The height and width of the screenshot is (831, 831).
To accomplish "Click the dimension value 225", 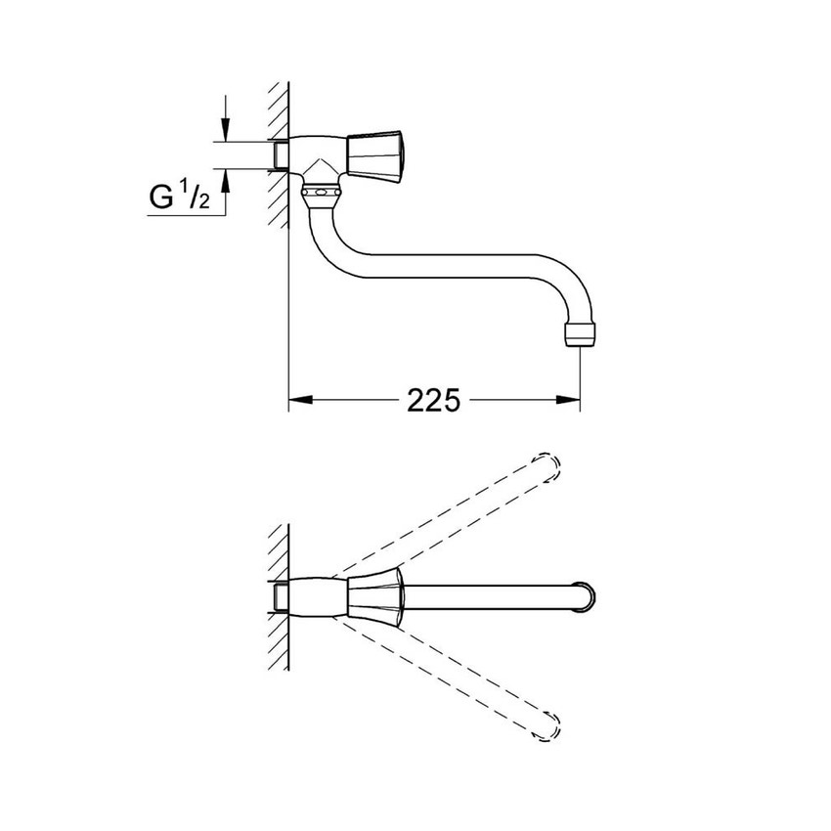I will tap(433, 399).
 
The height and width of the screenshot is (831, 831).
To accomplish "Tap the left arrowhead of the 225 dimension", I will tap(298, 399).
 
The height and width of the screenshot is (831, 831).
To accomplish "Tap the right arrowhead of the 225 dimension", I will tap(570, 399).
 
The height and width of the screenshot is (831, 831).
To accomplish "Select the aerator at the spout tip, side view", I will tap(580, 333).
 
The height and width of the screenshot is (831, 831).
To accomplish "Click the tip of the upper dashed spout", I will tap(550, 465).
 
